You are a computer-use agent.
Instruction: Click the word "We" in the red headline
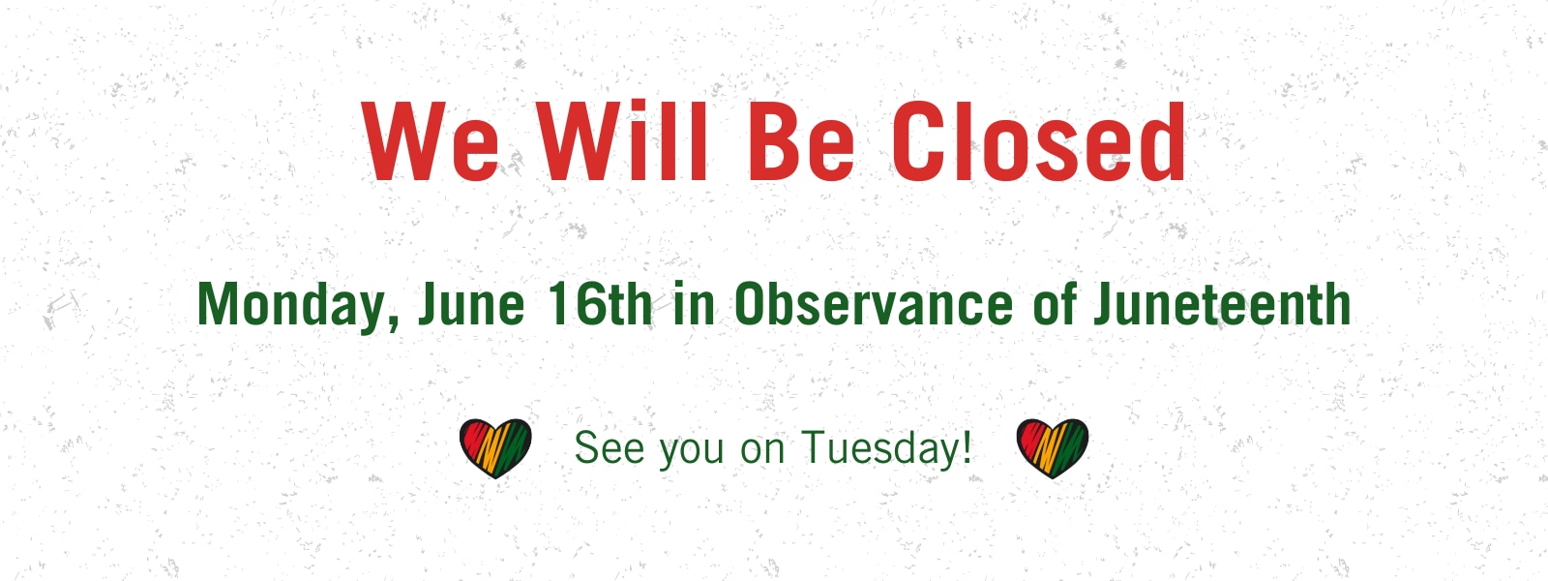coord(430,141)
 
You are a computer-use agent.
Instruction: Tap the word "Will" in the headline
coord(623,140)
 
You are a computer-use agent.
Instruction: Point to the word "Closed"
coord(1039,141)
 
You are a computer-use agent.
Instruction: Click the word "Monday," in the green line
coord(299,306)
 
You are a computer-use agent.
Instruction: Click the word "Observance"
coord(874,303)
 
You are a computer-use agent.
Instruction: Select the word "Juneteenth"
coord(1222,303)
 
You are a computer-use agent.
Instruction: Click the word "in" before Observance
coord(695,303)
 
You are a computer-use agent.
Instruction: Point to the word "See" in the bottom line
coord(610,448)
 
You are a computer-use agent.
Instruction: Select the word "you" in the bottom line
coord(691,452)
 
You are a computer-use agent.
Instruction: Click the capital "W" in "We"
coord(402,141)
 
